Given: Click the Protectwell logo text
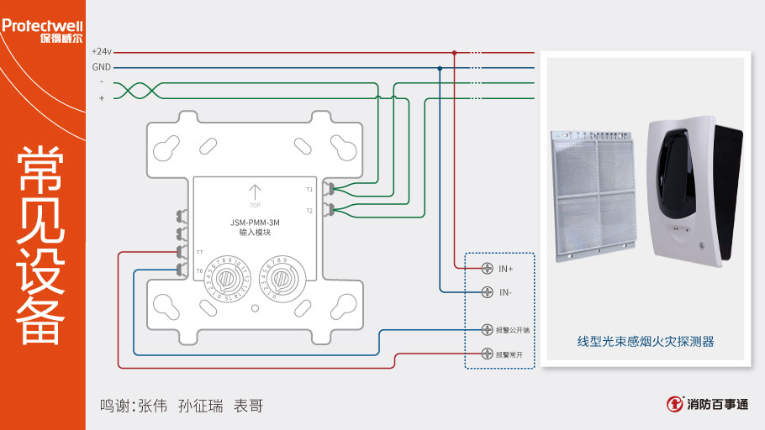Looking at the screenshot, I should tap(42, 25).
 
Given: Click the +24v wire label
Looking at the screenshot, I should tap(101, 52).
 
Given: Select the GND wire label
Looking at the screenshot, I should tap(101, 67).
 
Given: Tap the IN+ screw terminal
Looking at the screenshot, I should tap(487, 268).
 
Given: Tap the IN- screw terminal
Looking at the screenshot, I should tap(487, 292).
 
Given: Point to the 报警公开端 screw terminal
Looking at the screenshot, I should tap(487, 330).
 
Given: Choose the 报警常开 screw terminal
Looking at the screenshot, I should tap(487, 354).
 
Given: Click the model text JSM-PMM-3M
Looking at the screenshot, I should tap(255, 223).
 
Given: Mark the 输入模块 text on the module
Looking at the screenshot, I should tap(255, 233).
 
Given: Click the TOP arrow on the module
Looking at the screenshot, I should tap(256, 194).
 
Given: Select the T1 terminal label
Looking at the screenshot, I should tap(309, 190).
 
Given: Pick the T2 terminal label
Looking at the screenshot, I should tap(309, 210).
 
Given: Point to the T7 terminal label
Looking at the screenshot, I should tap(199, 252).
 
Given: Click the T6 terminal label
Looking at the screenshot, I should tap(199, 270).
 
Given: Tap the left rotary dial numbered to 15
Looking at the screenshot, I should tap(227, 279).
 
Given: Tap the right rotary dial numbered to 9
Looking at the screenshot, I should tap(283, 279).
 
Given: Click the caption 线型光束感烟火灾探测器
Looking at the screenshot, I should tap(645, 342).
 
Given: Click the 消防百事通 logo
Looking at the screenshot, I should tap(708, 404).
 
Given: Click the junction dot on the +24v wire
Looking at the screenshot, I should tap(455, 52).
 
